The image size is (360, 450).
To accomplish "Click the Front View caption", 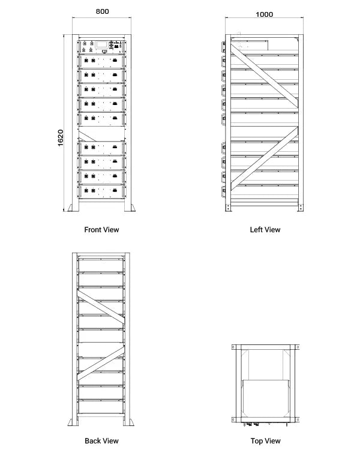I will click(x=101, y=230).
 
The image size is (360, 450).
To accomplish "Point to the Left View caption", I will click(x=265, y=230).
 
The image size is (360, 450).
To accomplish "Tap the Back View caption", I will click(x=101, y=441).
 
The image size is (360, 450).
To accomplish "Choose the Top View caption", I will click(x=265, y=441).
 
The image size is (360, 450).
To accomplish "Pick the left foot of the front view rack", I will click(x=73, y=208).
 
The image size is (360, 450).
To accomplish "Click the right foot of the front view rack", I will click(x=130, y=208).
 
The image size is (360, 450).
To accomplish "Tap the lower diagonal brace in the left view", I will click(x=264, y=158).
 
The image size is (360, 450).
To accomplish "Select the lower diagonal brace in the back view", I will click(x=101, y=364).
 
